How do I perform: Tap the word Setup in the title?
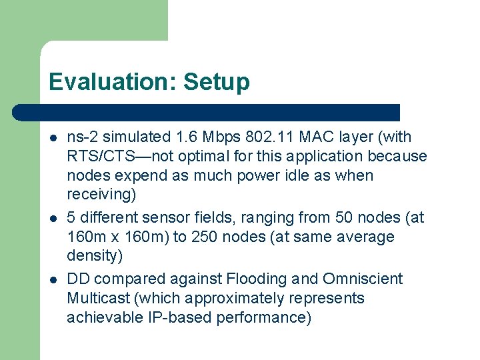point(217,82)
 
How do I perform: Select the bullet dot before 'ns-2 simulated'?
point(52,138)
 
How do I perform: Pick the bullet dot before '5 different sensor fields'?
point(52,218)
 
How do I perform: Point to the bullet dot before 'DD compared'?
point(52,279)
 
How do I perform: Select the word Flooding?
point(255,279)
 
